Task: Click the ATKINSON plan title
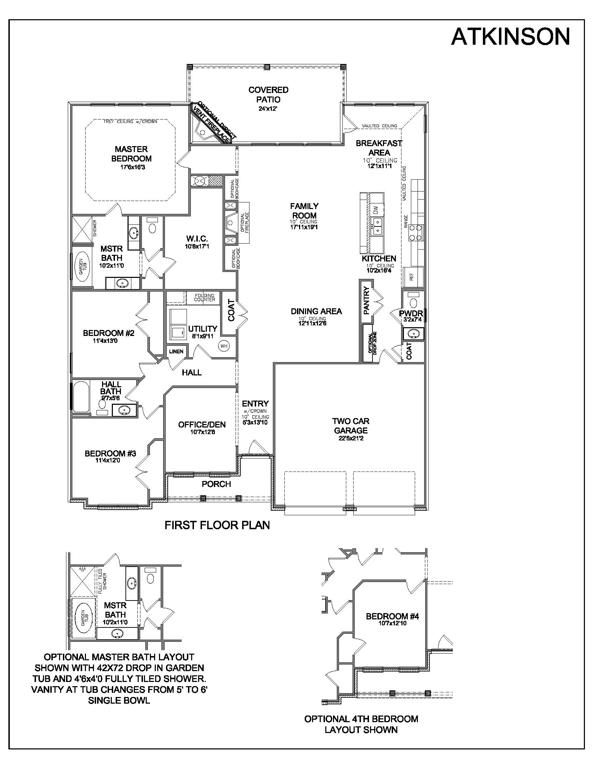(x=510, y=36)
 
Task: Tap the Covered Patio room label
(x=268, y=95)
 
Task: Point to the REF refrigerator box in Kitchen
(x=411, y=276)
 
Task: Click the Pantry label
(x=366, y=300)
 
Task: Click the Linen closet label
(x=176, y=351)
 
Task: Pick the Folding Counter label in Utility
(x=204, y=297)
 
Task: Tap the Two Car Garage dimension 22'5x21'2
(x=350, y=438)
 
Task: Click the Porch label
(x=216, y=484)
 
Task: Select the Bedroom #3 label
(x=110, y=453)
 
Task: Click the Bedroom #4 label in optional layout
(x=392, y=616)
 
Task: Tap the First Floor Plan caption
(x=217, y=525)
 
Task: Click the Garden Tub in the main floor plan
(x=82, y=266)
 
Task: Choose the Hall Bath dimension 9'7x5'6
(x=111, y=398)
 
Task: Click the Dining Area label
(x=316, y=311)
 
